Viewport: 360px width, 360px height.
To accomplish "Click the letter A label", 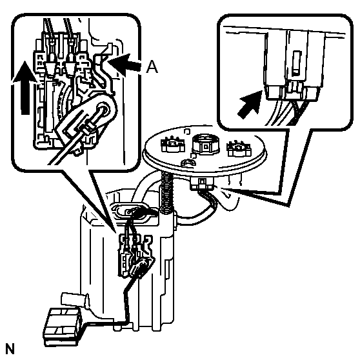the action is click(152, 67).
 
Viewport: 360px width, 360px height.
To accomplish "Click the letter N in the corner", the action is click(10, 349).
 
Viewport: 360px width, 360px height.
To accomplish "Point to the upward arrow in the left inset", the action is click(25, 87).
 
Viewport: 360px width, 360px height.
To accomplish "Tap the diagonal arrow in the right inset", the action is click(250, 105).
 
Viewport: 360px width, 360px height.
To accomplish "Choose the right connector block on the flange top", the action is click(239, 148).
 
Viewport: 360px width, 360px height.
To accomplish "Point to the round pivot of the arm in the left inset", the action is click(103, 108).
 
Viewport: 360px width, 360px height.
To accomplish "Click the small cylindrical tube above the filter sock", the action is click(74, 300).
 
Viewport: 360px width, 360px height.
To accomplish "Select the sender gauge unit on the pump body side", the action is click(135, 256).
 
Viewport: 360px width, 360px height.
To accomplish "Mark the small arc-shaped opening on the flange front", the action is click(188, 163).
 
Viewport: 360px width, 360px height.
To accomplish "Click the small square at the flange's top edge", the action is click(187, 132).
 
